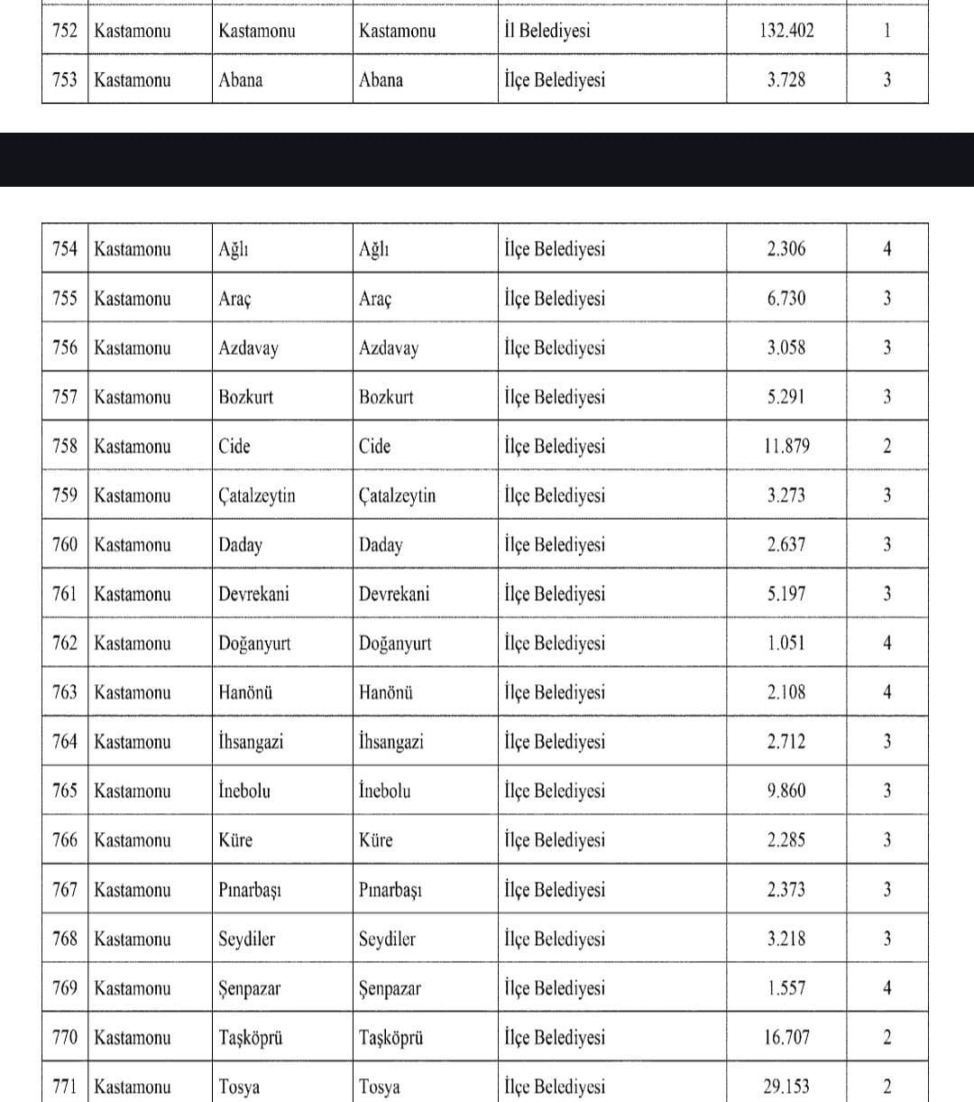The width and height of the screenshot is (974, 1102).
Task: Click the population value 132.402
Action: pos(786,31)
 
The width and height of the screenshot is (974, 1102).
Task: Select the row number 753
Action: pos(65,79)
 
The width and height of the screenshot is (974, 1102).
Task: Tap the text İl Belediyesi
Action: pos(547,31)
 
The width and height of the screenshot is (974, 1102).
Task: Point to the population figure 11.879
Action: pos(786,446)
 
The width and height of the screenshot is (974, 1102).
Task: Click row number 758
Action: pos(65,446)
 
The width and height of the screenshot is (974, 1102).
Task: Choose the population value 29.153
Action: pos(786,1087)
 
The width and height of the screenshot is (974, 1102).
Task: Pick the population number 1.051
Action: pos(786,644)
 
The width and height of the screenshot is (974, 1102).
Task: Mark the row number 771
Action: pos(65,1087)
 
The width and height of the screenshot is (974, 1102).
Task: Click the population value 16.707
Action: pos(786,1038)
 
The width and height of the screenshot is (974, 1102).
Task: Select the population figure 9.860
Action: pos(786,792)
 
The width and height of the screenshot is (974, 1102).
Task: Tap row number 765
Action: pos(65,792)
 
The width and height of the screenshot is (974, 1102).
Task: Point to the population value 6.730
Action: pos(786,299)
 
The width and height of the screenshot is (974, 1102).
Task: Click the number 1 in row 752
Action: pos(887,31)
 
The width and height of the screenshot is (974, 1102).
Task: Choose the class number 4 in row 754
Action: pos(887,249)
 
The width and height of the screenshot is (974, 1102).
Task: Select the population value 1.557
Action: pos(786,988)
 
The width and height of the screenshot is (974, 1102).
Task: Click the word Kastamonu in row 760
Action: pos(132,545)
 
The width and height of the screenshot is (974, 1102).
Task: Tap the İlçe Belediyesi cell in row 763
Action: pos(555,693)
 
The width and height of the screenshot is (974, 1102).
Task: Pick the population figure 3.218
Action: pos(786,940)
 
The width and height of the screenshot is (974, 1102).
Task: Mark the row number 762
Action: pos(65,644)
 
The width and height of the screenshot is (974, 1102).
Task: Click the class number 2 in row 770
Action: pos(887,1038)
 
